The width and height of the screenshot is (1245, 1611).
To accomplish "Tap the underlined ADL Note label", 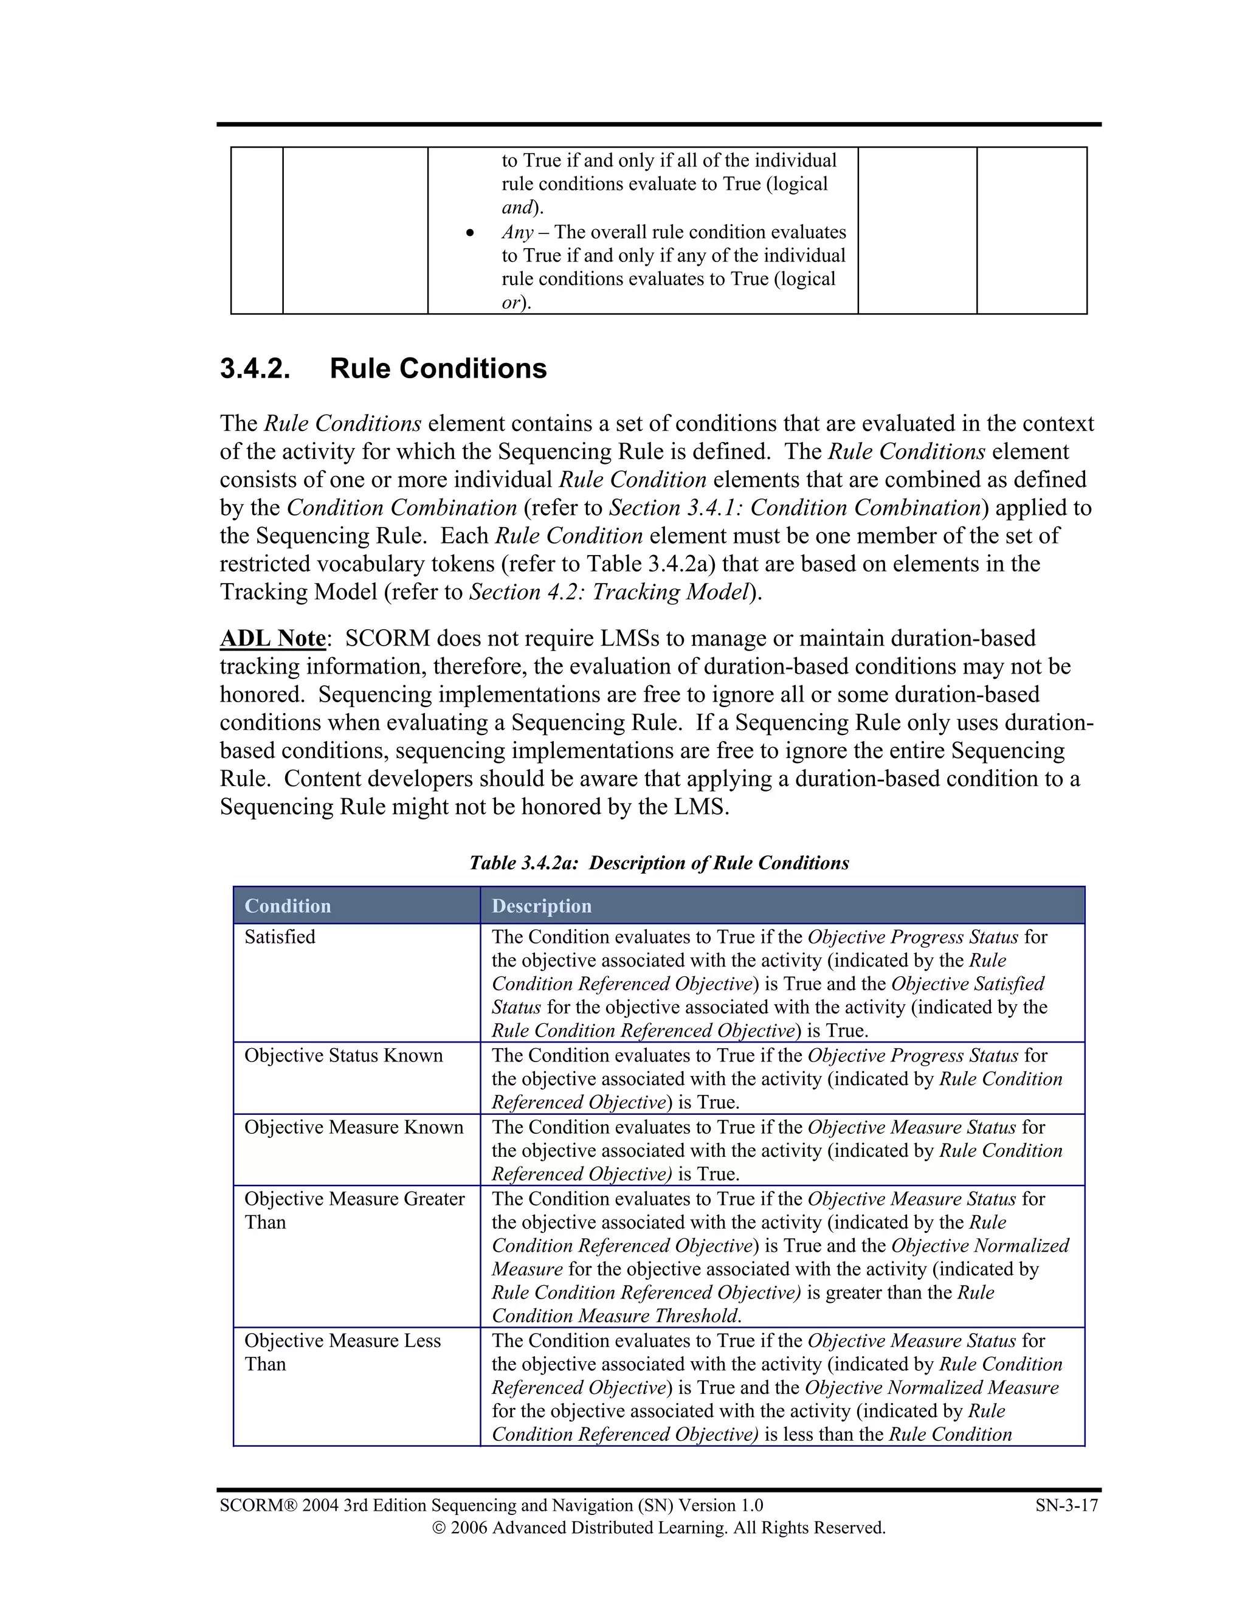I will click(x=272, y=638).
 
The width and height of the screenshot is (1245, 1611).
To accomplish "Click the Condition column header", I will click(x=288, y=906).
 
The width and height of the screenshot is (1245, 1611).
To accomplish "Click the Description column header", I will click(x=542, y=906).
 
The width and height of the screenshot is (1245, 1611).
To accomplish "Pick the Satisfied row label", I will click(x=280, y=937).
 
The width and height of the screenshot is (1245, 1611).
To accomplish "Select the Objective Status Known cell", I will click(x=343, y=1055).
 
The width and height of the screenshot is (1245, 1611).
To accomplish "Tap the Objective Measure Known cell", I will click(x=354, y=1127).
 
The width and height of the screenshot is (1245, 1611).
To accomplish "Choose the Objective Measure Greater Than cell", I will click(x=354, y=1210).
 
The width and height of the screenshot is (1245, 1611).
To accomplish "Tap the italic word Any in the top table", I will click(x=517, y=232).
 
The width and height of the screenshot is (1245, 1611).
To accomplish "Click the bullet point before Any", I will click(x=471, y=233).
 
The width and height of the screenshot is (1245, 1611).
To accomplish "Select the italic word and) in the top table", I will click(x=517, y=208).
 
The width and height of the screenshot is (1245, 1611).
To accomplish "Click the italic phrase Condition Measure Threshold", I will click(x=615, y=1316).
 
